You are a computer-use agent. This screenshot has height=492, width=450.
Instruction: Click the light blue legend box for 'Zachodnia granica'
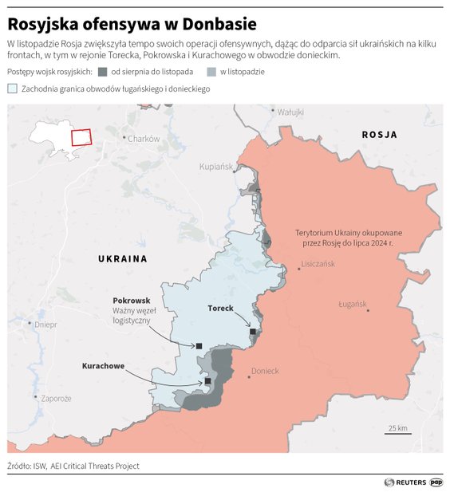coord(12,89)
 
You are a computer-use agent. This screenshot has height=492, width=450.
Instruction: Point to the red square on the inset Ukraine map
coord(81,136)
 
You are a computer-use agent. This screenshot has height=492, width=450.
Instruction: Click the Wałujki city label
coord(290,112)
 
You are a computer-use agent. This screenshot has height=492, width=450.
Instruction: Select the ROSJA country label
coord(379,135)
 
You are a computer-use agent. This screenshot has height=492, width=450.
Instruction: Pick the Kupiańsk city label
coord(215,167)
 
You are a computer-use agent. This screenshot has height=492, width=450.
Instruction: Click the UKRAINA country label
coord(123,259)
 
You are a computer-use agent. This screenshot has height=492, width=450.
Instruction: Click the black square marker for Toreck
coord(253,332)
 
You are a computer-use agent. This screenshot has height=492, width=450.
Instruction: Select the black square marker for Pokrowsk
coord(199,346)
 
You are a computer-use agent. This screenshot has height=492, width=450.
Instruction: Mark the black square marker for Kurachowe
coord(207,381)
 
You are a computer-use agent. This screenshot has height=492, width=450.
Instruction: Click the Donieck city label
coord(265,371)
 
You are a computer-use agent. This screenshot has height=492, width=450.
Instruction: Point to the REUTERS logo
coord(405,482)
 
